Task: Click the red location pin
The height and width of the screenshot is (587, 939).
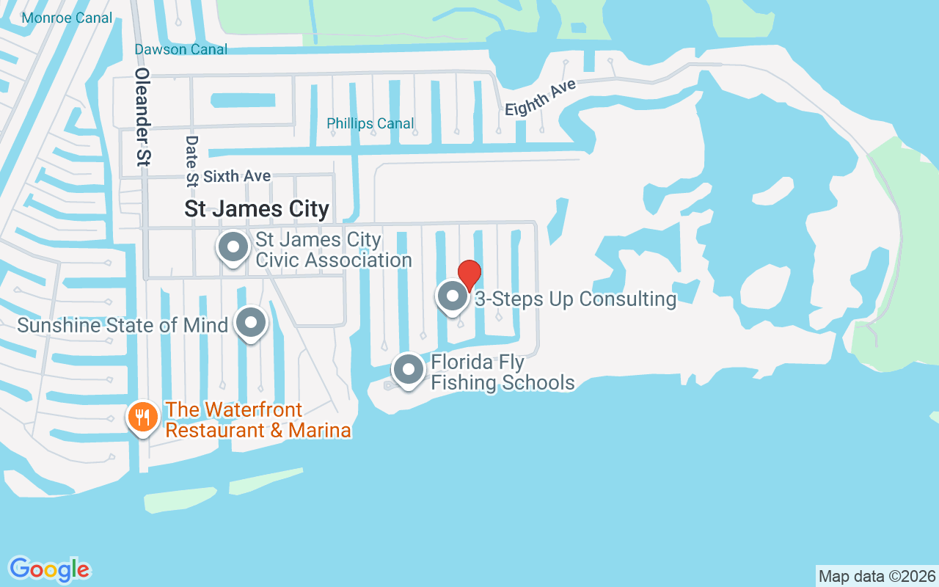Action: click(x=469, y=274)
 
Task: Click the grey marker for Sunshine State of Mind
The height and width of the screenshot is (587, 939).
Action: click(x=251, y=322)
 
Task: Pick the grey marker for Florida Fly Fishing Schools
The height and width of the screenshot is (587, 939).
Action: click(x=409, y=370)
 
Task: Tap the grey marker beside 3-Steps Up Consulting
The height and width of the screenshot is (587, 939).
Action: click(x=453, y=297)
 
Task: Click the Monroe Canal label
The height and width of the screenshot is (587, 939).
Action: click(x=67, y=18)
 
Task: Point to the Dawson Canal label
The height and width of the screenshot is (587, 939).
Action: click(x=180, y=49)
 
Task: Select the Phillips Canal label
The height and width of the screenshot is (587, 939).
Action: click(x=370, y=123)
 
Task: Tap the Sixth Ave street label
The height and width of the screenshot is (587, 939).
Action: click(x=237, y=176)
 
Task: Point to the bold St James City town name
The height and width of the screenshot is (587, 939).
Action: click(x=257, y=209)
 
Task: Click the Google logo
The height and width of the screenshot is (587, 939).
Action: click(x=49, y=569)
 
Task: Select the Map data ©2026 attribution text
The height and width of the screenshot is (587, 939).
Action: click(x=877, y=576)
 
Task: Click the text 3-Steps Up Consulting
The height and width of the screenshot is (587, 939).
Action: click(x=575, y=299)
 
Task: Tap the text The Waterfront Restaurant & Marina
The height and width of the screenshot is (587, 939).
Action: click(x=258, y=420)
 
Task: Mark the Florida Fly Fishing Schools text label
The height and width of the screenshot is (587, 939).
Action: click(x=503, y=373)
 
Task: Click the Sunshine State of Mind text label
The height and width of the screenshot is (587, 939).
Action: click(x=123, y=324)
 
